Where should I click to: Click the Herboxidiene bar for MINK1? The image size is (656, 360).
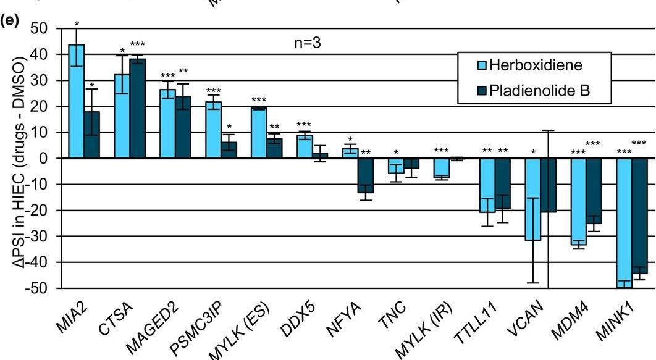tap(624, 222)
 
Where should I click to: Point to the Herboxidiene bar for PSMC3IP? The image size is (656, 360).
tap(214, 130)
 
